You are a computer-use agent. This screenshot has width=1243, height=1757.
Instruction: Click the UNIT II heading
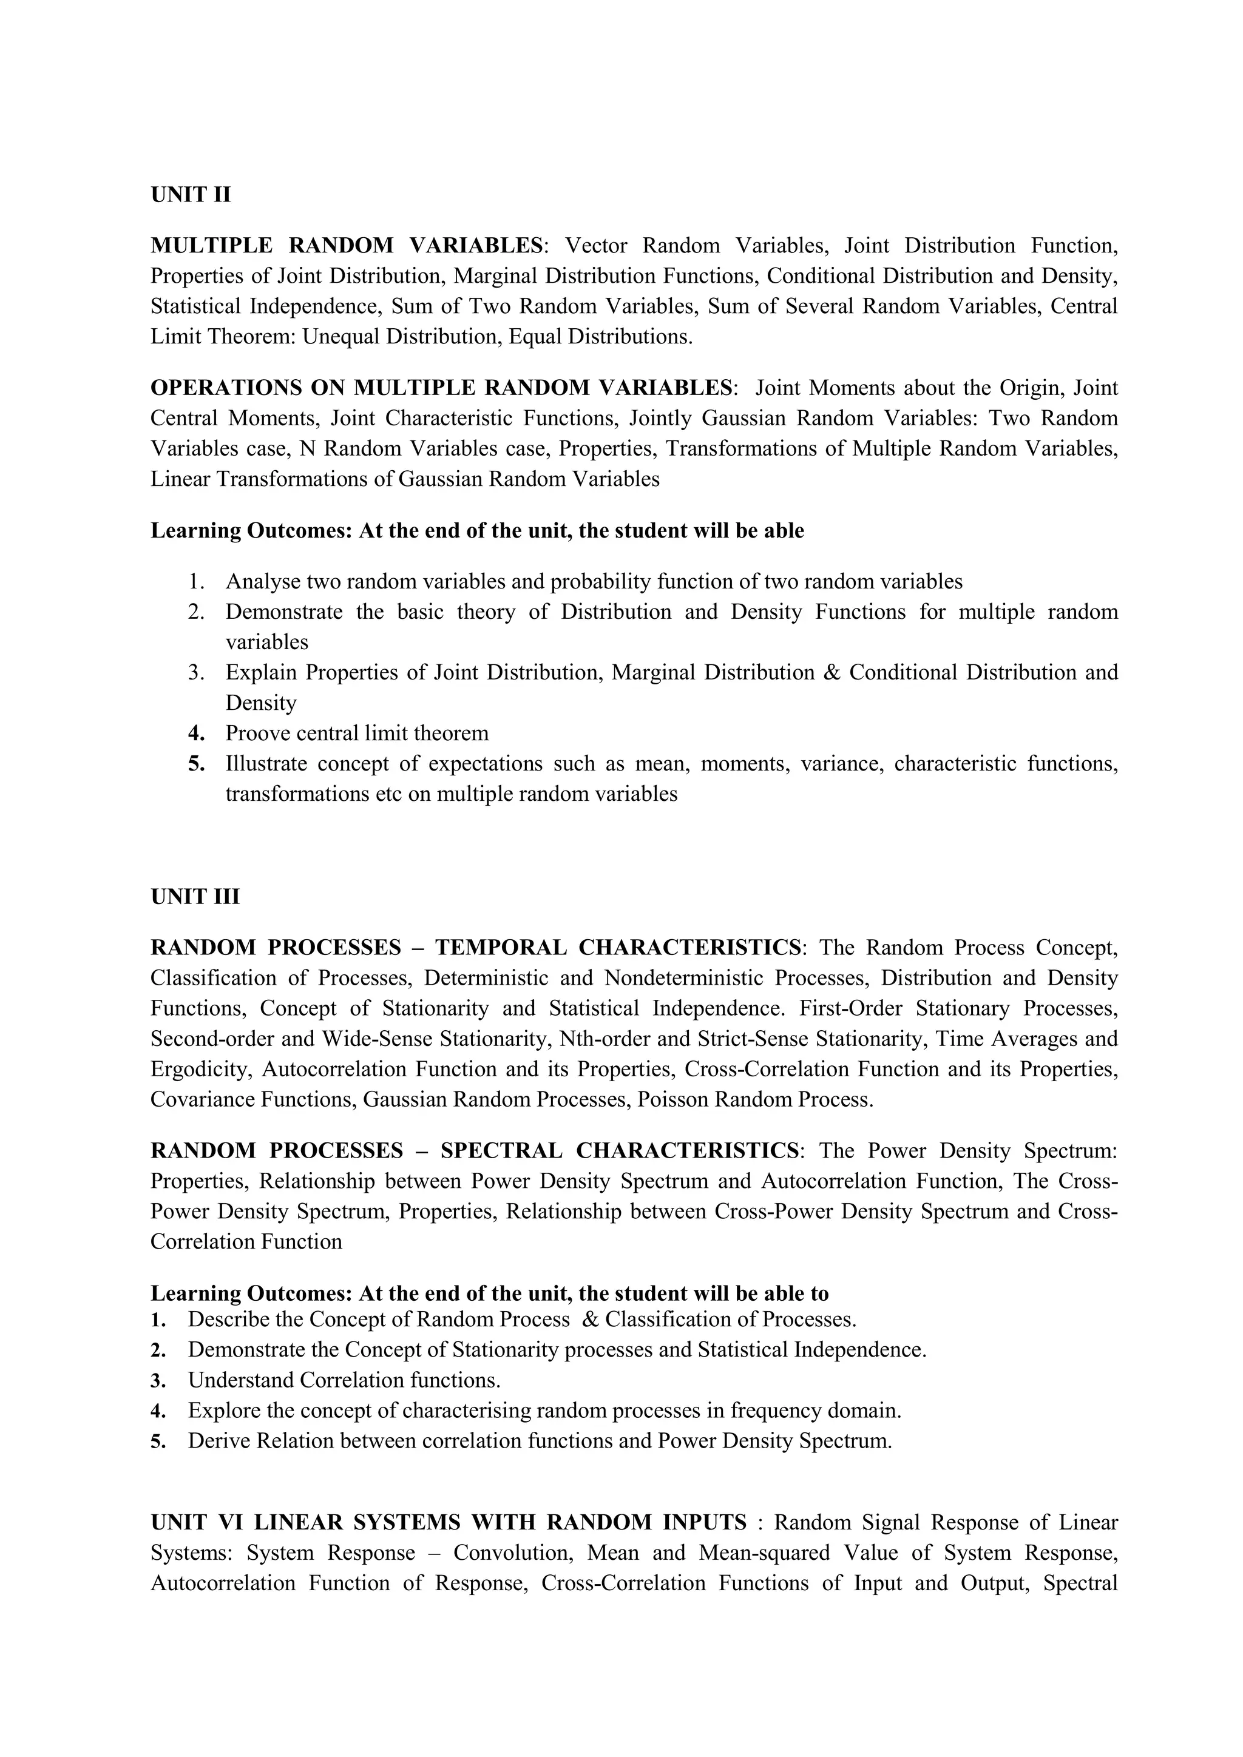coord(190,195)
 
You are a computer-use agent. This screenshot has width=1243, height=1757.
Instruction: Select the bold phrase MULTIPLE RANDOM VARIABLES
coord(346,246)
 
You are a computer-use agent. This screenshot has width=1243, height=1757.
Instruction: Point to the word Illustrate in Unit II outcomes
coord(266,764)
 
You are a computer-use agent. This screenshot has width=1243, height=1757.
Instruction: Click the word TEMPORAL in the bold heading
coord(501,948)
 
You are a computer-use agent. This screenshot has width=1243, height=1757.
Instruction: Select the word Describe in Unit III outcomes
coord(228,1320)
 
